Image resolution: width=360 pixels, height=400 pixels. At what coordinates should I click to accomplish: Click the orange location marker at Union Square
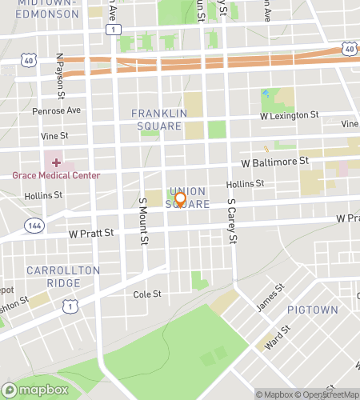180,199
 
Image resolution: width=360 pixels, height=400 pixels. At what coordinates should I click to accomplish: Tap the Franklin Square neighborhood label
159,119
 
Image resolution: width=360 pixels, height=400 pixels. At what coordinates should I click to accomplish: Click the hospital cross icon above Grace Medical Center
56,162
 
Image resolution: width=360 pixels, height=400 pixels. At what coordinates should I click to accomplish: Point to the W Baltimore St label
276,162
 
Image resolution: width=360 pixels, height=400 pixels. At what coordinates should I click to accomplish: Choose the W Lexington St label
289,116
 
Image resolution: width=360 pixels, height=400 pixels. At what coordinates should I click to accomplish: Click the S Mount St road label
143,222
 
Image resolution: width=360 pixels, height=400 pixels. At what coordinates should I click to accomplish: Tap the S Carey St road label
232,220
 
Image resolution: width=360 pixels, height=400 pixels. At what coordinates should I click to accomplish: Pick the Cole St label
148,294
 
